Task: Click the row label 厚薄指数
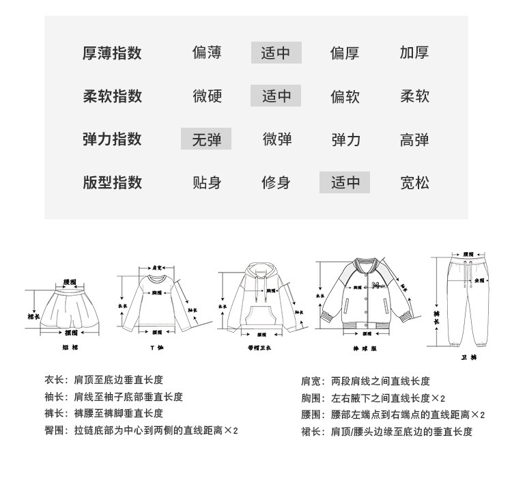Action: pos(112,53)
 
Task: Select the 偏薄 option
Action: pos(206,53)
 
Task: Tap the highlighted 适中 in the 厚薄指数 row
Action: pos(276,53)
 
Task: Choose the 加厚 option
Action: pos(414,53)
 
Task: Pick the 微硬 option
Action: pos(206,96)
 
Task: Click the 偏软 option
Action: pos(345,96)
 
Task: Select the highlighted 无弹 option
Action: pos(206,139)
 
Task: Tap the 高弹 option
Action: pos(414,139)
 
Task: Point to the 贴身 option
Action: pos(206,182)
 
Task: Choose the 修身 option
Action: pos(276,182)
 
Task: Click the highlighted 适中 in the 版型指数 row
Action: pos(345,182)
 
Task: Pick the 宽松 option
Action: pos(414,182)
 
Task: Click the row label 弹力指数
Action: pos(112,139)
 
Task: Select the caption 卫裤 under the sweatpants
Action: pos(468,357)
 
